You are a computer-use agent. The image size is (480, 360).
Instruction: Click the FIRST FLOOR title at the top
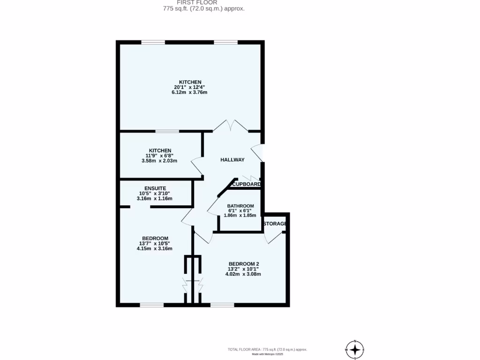(190, 2)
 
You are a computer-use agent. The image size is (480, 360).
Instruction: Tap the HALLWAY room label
(232, 160)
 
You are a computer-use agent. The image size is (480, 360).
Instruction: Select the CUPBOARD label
(247, 184)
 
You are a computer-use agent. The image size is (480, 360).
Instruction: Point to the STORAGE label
(275, 224)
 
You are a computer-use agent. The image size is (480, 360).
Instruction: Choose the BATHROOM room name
(240, 206)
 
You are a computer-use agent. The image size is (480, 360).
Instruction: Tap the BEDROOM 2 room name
(243, 263)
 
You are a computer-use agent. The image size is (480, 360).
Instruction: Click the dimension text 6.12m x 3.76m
(189, 92)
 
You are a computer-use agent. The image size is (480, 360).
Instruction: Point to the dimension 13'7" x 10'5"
(154, 243)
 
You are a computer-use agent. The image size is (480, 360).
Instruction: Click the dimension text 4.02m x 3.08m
(243, 274)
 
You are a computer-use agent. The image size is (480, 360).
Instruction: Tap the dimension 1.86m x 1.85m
(240, 215)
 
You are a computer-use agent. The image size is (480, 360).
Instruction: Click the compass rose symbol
(355, 350)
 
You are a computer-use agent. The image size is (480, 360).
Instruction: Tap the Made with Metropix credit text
(268, 354)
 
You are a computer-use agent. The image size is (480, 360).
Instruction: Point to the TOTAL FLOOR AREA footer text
(267, 349)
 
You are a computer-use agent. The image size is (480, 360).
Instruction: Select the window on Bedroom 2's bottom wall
(222, 305)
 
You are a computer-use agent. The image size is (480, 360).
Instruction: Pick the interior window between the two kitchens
(167, 131)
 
